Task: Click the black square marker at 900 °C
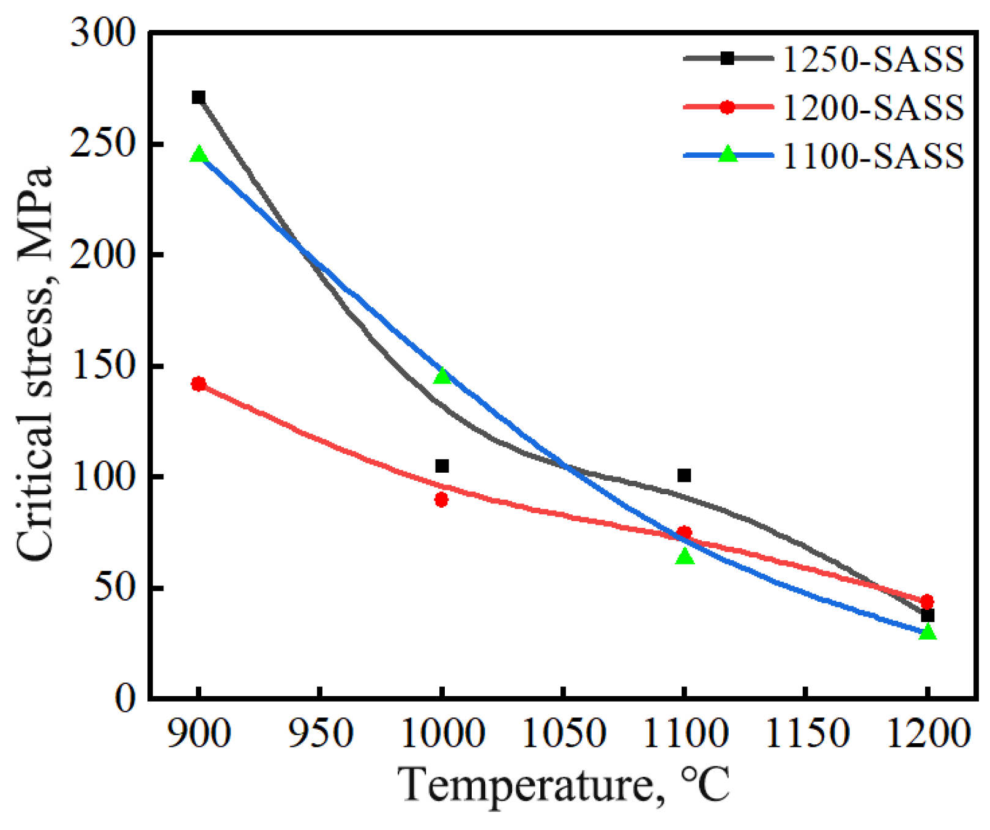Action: (198, 97)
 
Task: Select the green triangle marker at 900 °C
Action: (198, 155)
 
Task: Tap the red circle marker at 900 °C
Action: (198, 384)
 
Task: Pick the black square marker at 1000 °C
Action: (442, 466)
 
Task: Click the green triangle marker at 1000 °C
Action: (442, 376)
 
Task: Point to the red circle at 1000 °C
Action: (441, 500)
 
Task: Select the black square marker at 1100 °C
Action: (684, 475)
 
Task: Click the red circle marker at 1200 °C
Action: (927, 602)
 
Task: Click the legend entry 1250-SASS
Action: (873, 59)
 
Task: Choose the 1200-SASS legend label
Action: (873, 108)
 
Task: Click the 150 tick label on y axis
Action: (102, 366)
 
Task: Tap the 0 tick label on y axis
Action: (125, 698)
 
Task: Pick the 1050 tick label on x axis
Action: (563, 732)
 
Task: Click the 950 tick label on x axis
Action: (321, 732)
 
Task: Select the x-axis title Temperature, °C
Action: (563, 785)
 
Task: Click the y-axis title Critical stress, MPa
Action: (35, 364)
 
